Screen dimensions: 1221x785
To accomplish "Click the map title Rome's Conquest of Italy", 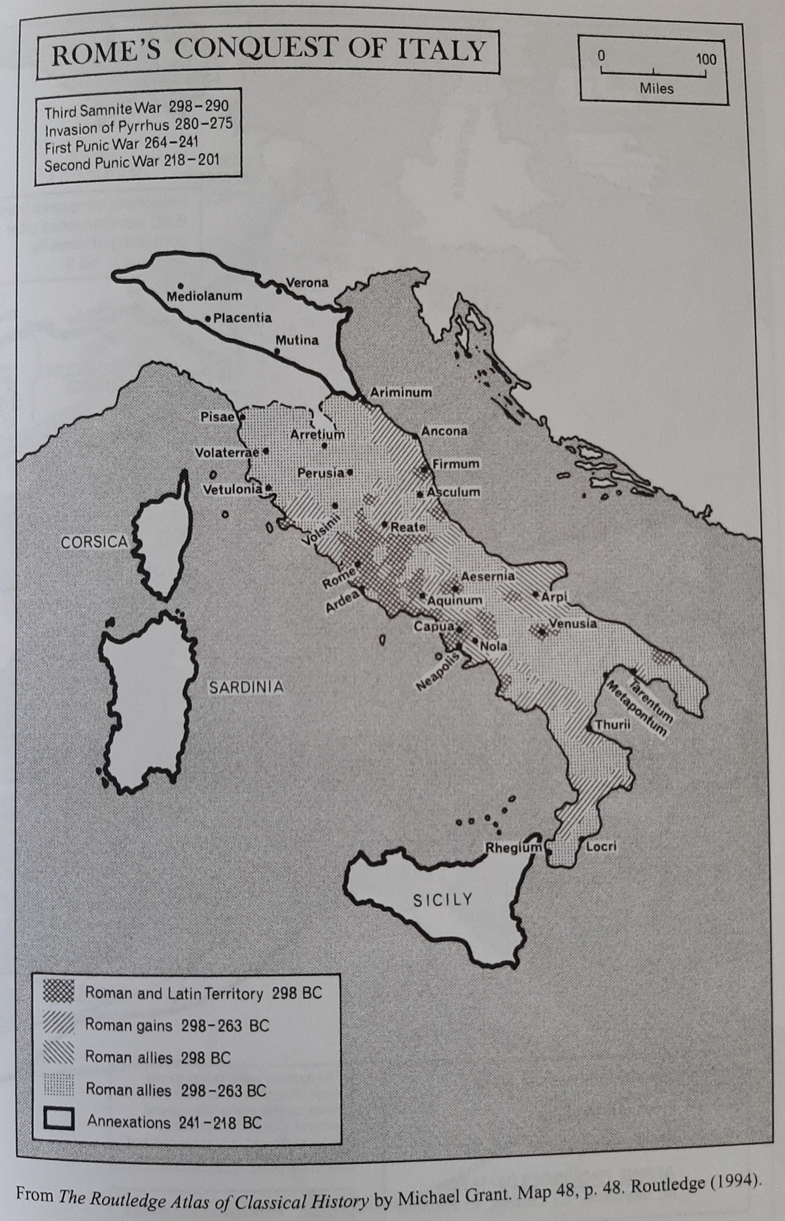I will coord(268,51).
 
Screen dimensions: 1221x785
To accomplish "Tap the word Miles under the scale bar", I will coord(656,88).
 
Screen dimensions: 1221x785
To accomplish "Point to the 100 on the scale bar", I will coord(706,59).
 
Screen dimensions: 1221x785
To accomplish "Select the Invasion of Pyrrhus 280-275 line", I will coord(138,126).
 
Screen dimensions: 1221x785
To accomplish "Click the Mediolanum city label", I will coord(204,297).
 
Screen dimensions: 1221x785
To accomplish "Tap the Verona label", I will coord(307,283).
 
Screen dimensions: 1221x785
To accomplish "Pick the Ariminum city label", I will coord(400,393).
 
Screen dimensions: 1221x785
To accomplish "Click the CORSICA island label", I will coord(94,542).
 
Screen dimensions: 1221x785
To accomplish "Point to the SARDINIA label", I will coord(246,687).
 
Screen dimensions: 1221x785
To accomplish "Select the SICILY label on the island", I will coord(442,900).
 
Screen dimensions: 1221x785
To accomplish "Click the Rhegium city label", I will coord(513,848).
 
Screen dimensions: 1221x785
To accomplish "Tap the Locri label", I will coord(601,847).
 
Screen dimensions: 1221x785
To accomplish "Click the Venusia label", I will coord(573,623).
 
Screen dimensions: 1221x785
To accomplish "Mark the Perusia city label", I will coord(321,473).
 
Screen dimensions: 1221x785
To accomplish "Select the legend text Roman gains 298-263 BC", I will coord(177,1025).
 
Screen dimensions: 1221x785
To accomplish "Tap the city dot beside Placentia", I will coord(208,319).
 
